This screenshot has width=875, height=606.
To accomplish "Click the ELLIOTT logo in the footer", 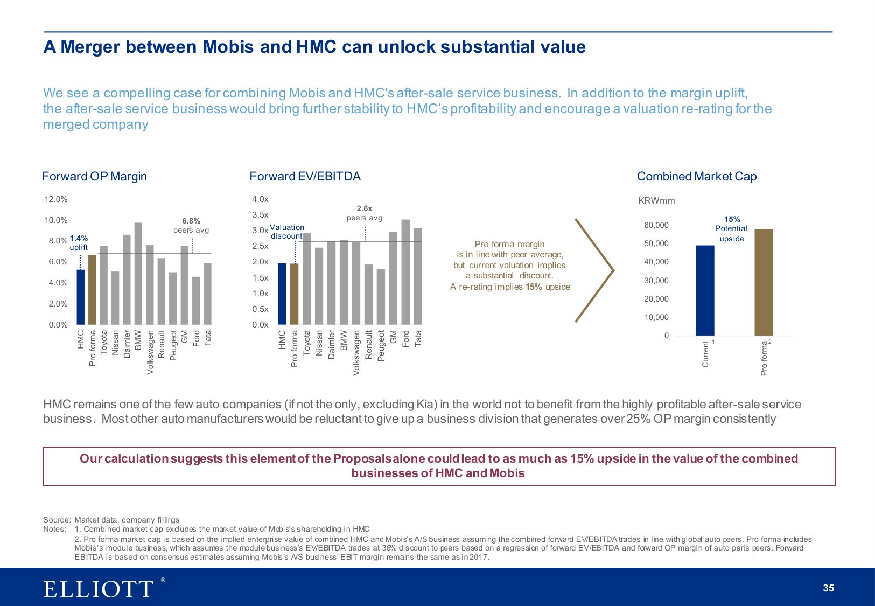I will tap(99, 588).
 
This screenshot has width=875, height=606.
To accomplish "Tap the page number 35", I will tap(828, 588).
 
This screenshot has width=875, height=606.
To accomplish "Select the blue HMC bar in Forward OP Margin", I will tap(81, 297).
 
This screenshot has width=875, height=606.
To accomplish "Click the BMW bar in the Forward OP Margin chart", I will tap(138, 274).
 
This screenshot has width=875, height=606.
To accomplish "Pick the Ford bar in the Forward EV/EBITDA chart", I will tap(405, 272).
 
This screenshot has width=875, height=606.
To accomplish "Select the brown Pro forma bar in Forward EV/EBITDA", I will tap(294, 294).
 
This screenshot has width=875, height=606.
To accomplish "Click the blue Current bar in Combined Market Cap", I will tap(705, 291).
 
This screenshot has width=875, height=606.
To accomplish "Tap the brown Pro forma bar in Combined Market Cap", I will tap(764, 283).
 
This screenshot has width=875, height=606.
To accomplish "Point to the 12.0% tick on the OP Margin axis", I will tap(56, 199).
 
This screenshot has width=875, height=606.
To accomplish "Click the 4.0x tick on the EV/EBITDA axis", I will tap(260, 199).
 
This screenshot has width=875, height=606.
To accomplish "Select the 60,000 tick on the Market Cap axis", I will tap(656, 225).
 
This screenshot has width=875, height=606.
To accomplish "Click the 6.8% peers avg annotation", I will tap(191, 226).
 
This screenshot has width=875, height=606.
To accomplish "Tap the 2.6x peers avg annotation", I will tap(365, 213).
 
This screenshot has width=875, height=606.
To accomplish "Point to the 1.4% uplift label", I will tap(79, 242).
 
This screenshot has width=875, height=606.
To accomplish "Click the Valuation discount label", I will tap(287, 232).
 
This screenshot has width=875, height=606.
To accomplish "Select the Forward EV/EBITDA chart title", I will tap(305, 177).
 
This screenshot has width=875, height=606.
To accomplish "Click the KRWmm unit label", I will tap(656, 201).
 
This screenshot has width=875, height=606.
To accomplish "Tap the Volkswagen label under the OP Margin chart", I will tap(150, 352).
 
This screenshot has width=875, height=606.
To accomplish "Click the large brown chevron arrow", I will tap(594, 270).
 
